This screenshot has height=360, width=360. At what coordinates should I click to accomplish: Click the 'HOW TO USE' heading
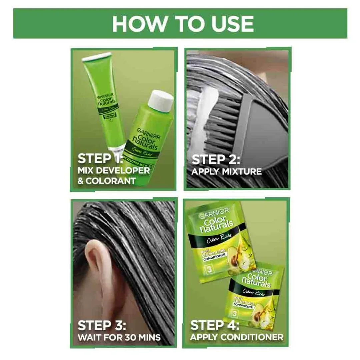tap(183, 24)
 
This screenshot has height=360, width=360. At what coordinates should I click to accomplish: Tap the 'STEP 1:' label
tap(100, 159)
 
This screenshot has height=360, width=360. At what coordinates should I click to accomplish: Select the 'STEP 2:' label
tap(216, 159)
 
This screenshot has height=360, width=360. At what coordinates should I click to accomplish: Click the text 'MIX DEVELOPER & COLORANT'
tap(113, 176)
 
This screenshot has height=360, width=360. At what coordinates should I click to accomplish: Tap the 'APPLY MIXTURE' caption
tap(227, 172)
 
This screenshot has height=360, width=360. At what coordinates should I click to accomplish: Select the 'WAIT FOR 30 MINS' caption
tap(119, 337)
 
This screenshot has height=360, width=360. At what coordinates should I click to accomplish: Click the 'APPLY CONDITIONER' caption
tap(237, 337)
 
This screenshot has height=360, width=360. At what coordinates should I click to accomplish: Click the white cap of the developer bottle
tap(161, 101)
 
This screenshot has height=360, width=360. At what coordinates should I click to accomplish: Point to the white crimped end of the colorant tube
tap(96, 56)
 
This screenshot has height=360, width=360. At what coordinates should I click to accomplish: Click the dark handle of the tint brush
tap(263, 133)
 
